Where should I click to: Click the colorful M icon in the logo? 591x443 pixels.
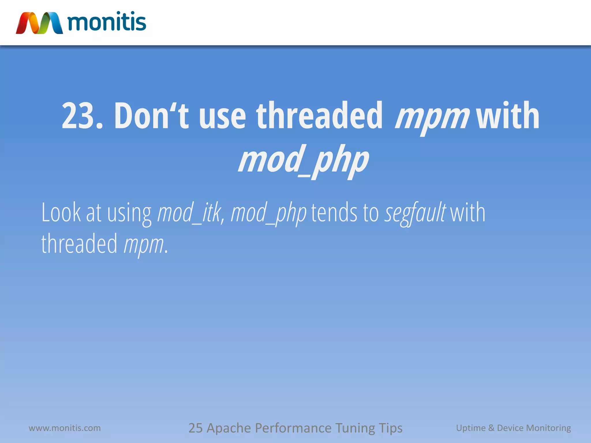pos(39,23)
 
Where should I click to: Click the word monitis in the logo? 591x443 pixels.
pos(107,22)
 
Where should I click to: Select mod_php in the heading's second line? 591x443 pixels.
pos(303,160)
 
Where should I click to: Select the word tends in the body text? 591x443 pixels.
pos(334,213)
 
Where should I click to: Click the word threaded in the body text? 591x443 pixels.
pos(79,244)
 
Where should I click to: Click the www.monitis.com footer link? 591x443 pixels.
pos(65,428)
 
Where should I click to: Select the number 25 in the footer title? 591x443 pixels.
pos(195,428)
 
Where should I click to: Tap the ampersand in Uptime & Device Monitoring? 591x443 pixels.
pos(491,428)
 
